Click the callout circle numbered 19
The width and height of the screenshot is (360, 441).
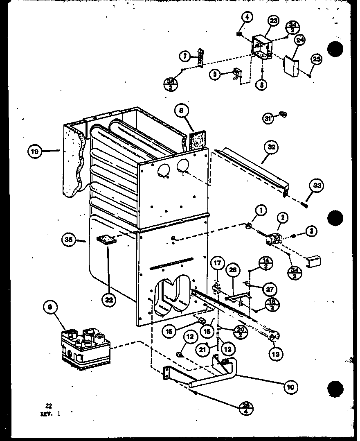point(35,152)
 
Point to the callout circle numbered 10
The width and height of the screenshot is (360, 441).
point(291,386)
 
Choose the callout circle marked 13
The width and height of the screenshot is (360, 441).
point(277,353)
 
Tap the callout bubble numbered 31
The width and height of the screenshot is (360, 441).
point(268,119)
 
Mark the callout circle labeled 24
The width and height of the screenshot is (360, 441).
point(300,40)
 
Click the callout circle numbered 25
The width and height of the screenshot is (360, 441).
point(316,59)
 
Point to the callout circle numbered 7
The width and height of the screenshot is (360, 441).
point(185,55)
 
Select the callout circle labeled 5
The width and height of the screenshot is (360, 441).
point(215,75)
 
